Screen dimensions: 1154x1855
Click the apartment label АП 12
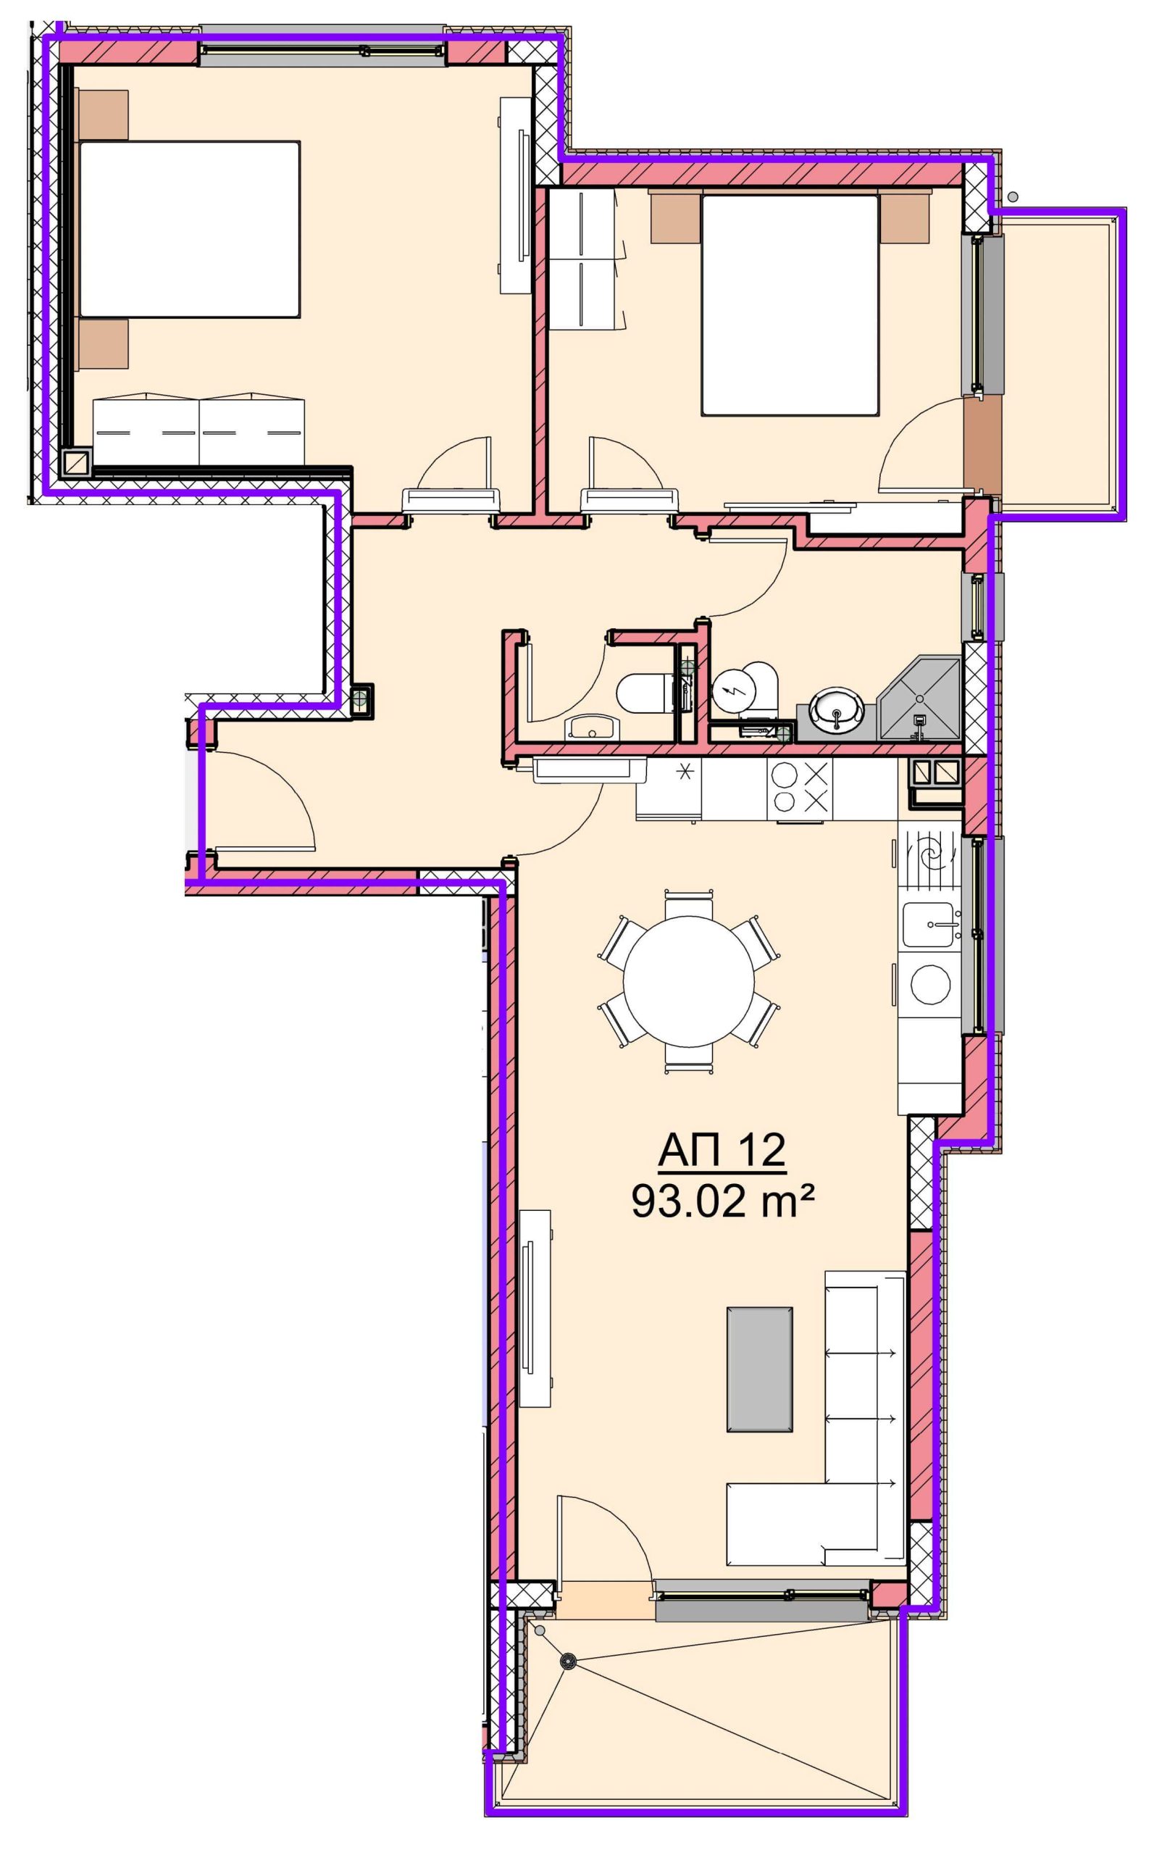click(x=722, y=1152)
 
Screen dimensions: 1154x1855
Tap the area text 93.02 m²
click(x=722, y=1201)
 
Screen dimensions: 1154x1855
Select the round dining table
click(x=688, y=982)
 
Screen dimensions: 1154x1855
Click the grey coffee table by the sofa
click(x=759, y=1370)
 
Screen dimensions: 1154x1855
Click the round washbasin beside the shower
click(x=837, y=708)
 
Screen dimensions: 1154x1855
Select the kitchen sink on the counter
click(x=930, y=925)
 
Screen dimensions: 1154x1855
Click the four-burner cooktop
click(x=800, y=789)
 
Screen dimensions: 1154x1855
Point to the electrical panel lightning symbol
click(x=733, y=690)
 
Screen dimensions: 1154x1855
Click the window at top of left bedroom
click(x=322, y=51)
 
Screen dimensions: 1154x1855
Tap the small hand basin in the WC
click(x=593, y=728)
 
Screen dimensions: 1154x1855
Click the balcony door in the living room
click(x=605, y=1552)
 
